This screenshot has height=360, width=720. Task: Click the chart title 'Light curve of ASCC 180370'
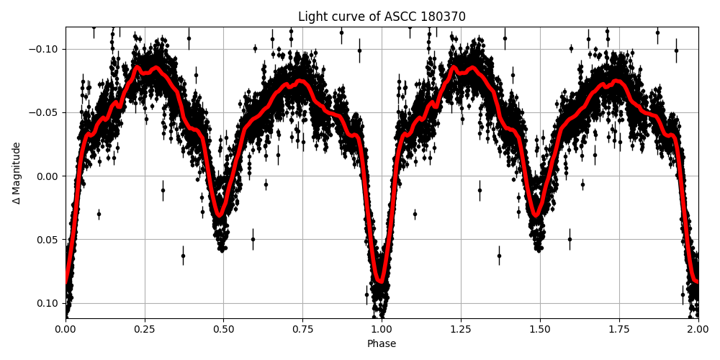tap(382, 17)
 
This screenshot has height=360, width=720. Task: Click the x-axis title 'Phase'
tap(382, 344)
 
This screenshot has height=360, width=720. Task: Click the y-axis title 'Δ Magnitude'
tap(17, 173)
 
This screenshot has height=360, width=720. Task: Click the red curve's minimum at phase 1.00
tap(381, 282)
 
